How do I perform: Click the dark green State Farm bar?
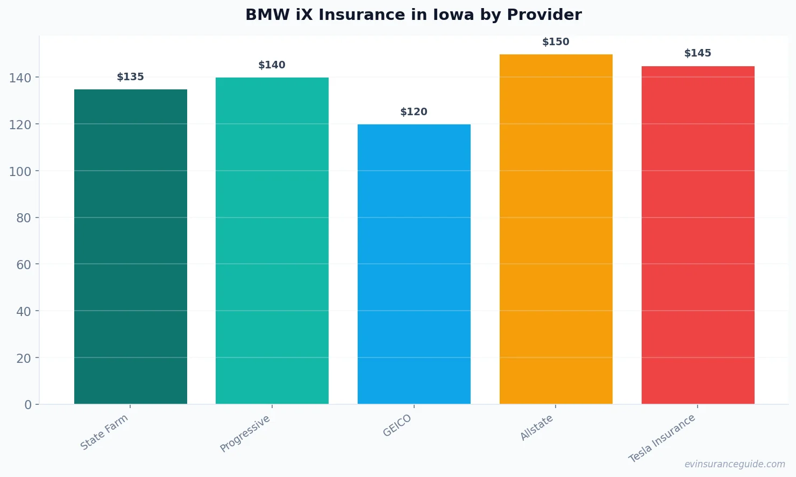(131, 247)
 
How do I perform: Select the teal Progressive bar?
(272, 241)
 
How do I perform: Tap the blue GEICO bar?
(414, 264)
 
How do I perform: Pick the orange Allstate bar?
(556, 229)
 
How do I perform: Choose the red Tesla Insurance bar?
(698, 235)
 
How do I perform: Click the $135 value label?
(131, 77)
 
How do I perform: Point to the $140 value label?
(272, 65)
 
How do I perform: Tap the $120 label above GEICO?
(414, 112)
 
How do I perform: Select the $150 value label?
(556, 42)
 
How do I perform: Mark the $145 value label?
(698, 53)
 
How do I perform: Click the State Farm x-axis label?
(104, 432)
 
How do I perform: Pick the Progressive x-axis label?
(245, 433)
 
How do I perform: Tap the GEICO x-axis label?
(397, 425)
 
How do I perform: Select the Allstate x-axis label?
(537, 427)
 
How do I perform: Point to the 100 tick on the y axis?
(20, 171)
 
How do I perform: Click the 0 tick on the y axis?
(28, 405)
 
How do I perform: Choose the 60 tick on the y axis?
(24, 264)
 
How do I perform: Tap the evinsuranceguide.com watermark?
(735, 464)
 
